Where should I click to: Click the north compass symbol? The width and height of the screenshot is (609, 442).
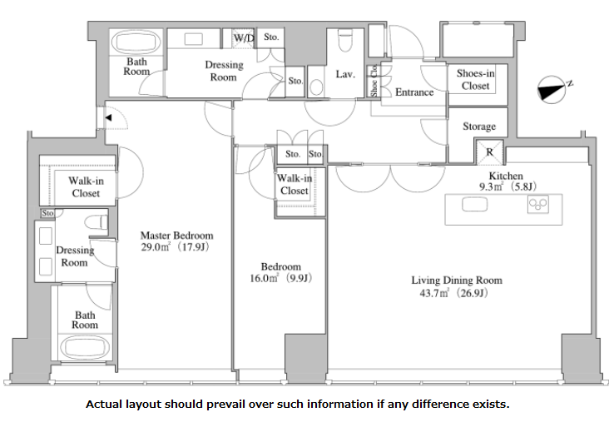(x=551, y=90)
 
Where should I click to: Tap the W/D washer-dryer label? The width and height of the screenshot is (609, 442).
(x=244, y=38)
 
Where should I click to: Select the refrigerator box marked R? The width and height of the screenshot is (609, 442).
(x=489, y=152)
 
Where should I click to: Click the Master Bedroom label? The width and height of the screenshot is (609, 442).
(x=176, y=236)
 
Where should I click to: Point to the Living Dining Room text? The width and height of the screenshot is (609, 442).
(x=457, y=281)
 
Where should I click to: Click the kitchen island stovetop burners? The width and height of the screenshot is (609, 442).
(x=538, y=205)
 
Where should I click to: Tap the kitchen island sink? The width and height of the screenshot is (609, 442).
(x=474, y=205)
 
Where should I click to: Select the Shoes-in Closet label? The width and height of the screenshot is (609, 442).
(x=476, y=79)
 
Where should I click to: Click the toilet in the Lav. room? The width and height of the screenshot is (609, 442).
(x=345, y=40)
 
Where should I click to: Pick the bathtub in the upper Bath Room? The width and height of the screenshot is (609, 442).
(x=136, y=42)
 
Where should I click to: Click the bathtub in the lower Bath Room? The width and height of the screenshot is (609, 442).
(x=85, y=347)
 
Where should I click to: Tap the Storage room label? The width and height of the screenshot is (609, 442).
(x=479, y=127)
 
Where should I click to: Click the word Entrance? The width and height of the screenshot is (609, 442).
(x=414, y=92)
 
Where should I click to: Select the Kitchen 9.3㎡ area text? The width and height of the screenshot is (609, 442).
(x=507, y=186)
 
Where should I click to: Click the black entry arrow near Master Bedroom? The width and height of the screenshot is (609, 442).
(x=108, y=117)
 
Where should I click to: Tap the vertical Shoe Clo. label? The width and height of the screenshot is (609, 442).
(x=374, y=81)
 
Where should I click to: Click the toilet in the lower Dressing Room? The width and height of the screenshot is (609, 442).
(x=96, y=223)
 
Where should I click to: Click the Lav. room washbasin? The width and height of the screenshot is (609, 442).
(x=316, y=87)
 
